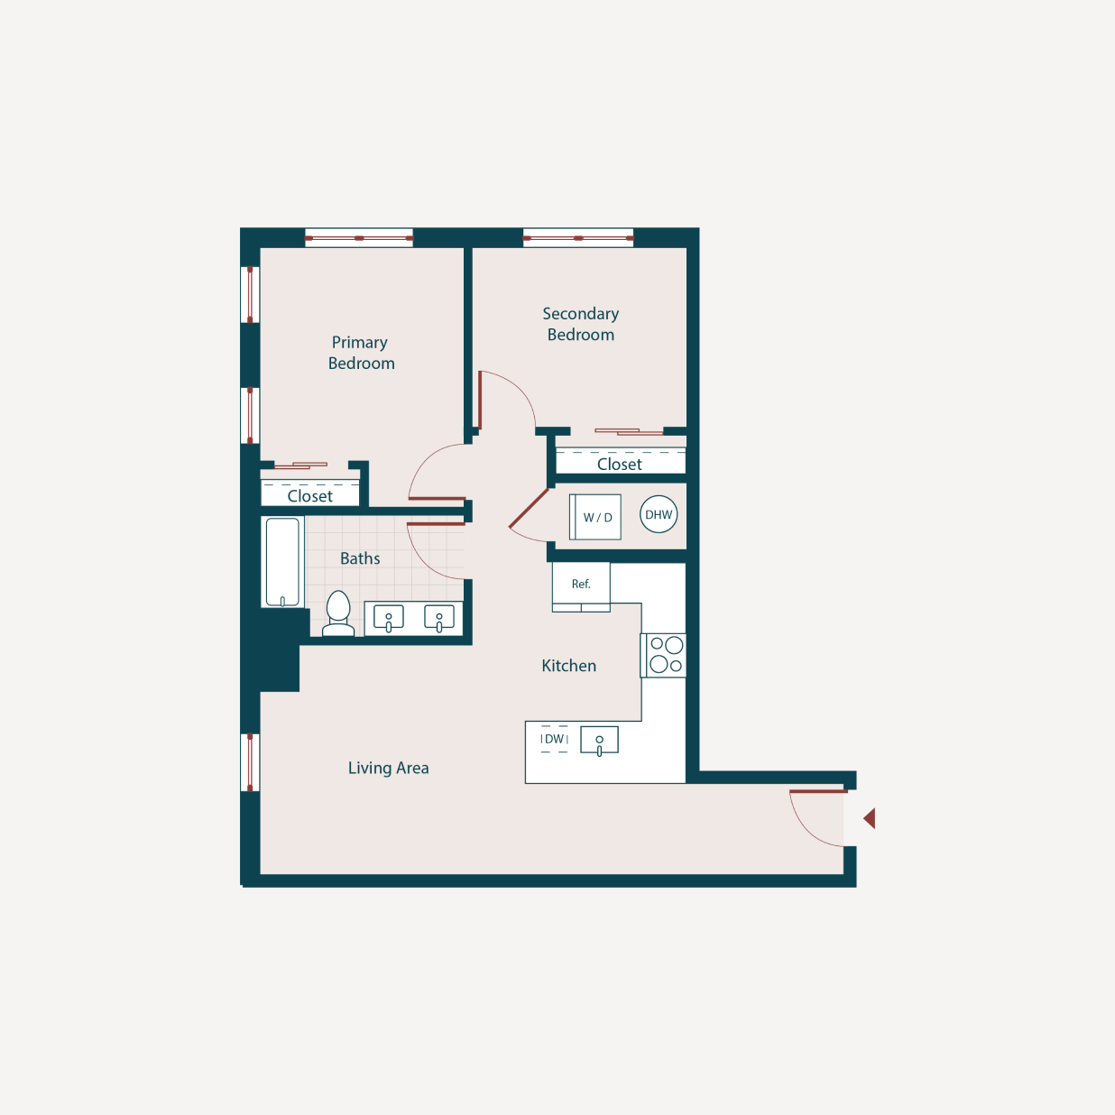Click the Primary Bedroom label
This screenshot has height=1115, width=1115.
click(361, 353)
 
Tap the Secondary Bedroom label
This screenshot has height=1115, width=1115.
click(580, 324)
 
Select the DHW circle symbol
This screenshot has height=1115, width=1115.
click(659, 515)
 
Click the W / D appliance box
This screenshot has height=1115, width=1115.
click(596, 517)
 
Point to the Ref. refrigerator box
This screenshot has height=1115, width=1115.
click(581, 585)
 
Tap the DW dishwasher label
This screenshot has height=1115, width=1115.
click(554, 739)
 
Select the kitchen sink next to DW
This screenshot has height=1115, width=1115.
click(599, 741)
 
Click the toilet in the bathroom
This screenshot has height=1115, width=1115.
click(338, 614)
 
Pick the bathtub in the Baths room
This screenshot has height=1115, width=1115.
click(282, 562)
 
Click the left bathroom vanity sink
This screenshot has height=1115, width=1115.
click(389, 618)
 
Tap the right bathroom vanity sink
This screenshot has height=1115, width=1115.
click(439, 618)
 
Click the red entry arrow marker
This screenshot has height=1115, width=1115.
click(870, 818)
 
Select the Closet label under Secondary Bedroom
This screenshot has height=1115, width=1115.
click(620, 464)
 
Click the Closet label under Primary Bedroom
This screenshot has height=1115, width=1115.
click(309, 496)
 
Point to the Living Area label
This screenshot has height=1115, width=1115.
click(388, 768)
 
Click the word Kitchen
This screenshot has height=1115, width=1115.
click(568, 666)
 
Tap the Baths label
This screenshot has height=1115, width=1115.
click(360, 558)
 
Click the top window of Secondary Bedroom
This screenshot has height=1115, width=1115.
click(578, 238)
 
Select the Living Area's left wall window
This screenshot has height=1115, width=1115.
click(250, 762)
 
